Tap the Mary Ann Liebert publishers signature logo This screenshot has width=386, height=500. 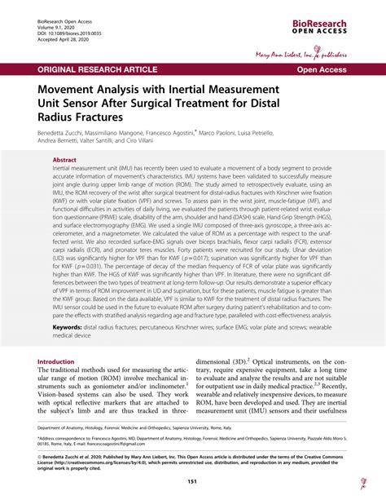[x=321, y=55]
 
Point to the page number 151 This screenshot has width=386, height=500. [x=193, y=482]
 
